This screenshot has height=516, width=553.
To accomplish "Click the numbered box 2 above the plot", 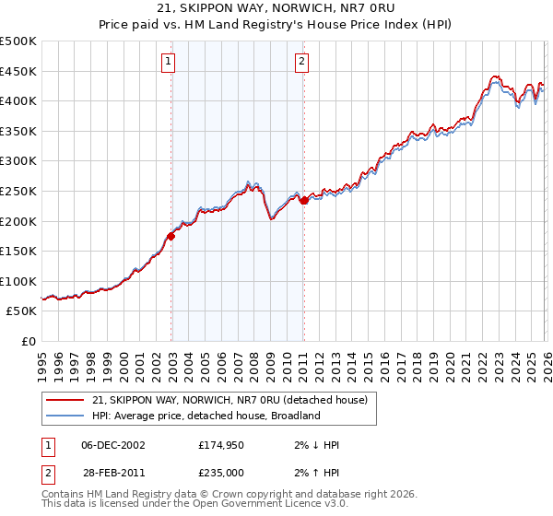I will tap(302, 63).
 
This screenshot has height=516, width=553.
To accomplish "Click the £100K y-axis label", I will tap(18, 281).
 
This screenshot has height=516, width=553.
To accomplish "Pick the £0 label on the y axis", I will tap(28, 341).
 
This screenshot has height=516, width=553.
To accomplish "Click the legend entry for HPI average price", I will tap(205, 416).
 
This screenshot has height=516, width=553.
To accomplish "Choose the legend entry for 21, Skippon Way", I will tap(229, 400).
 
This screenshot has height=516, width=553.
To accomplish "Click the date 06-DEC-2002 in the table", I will tap(113, 445).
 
